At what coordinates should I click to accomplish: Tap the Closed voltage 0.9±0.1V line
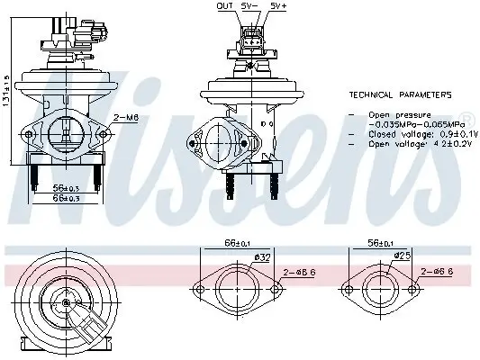[x=410, y=133]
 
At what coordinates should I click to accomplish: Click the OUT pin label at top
[x=225, y=5]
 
